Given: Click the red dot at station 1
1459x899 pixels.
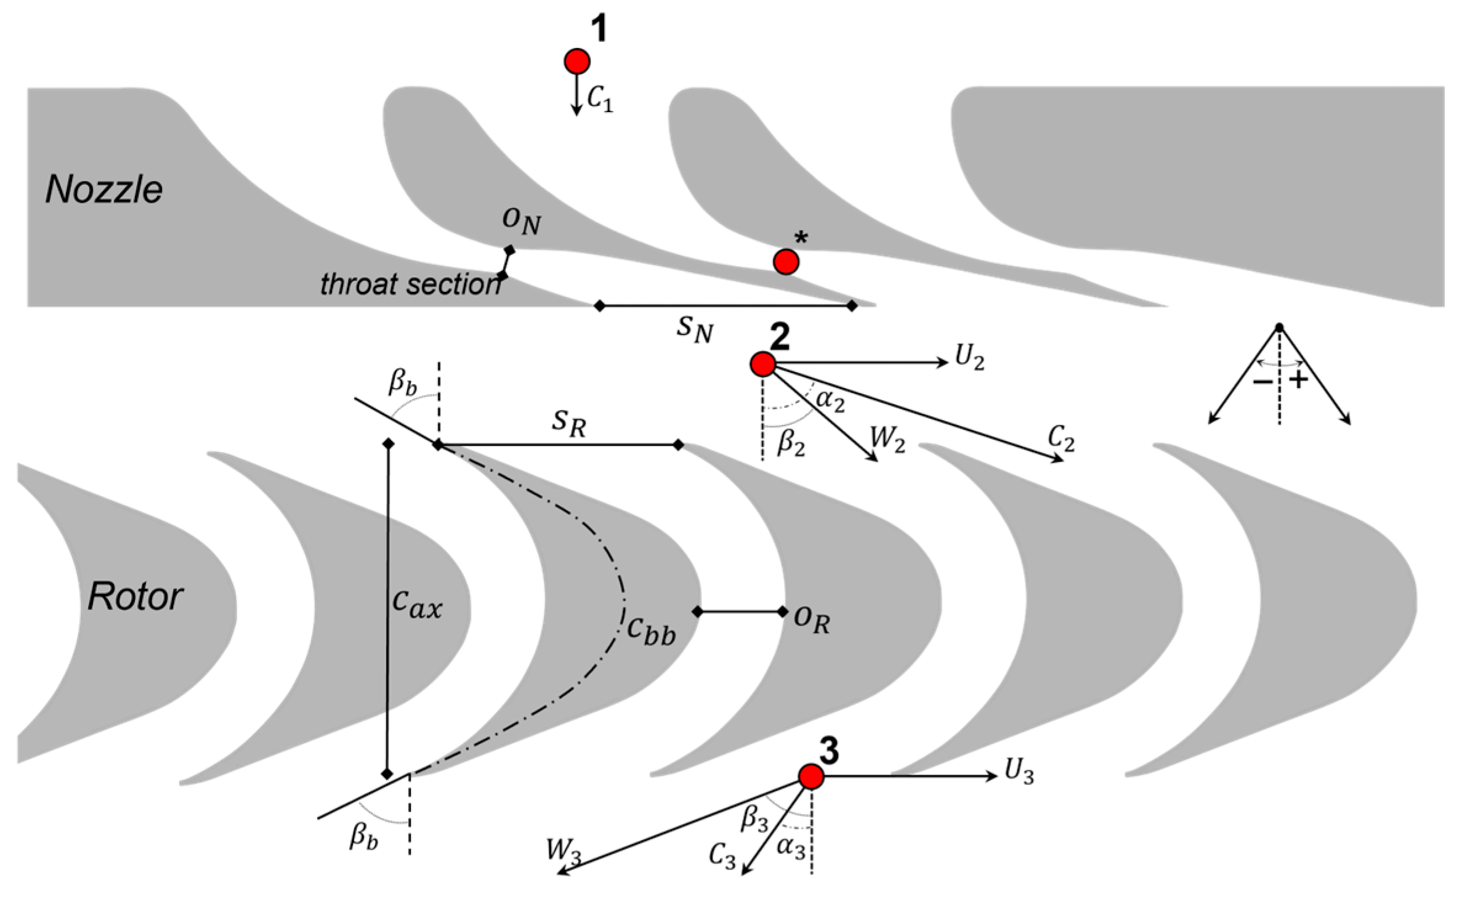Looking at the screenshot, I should coord(576,61).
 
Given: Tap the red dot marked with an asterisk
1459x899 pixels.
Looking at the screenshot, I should coord(786,262).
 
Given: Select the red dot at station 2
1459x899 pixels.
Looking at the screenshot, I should coord(762,364).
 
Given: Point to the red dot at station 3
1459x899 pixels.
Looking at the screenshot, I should coord(811,776).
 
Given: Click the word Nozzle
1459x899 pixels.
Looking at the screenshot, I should coord(104,190).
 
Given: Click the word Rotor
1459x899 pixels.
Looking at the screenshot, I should coord(135,597).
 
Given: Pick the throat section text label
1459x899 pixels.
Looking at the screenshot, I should coord(410,284).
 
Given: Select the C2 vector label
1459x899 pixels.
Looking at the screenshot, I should coord(1061,440).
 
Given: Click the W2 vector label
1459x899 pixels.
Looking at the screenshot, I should coord(887,440).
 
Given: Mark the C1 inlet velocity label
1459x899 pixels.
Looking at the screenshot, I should coord(599,99).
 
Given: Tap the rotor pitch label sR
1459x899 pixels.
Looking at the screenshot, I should coord(568,424).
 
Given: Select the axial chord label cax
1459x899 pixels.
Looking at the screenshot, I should coord(418,607).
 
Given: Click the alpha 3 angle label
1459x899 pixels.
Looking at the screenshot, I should coord(791,848).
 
